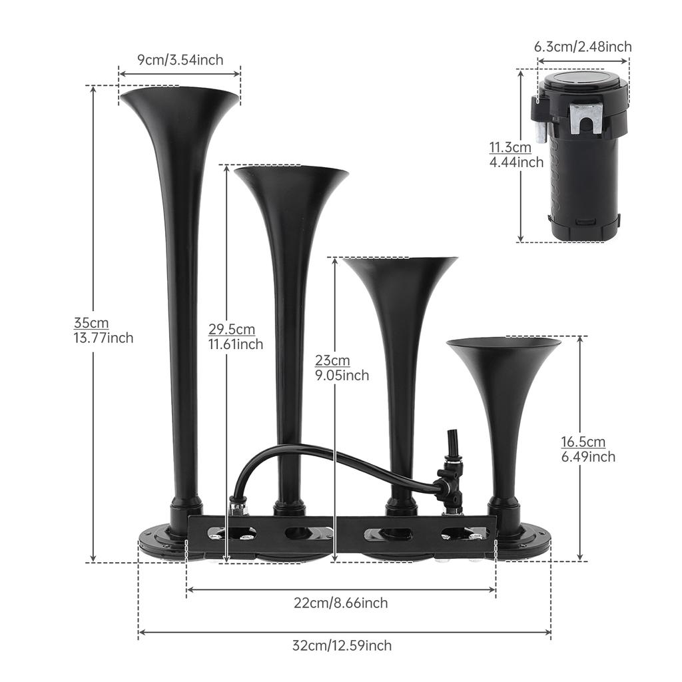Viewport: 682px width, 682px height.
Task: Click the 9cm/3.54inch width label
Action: (180, 59)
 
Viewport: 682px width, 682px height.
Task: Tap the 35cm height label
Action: (91, 323)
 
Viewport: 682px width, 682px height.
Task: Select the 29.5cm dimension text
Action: (232, 329)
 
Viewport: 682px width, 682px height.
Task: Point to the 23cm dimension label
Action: (332, 360)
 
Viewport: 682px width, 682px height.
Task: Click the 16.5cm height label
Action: (583, 442)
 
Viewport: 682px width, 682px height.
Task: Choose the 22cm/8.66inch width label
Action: (341, 603)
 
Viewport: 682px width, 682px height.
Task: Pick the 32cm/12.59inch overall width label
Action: (342, 645)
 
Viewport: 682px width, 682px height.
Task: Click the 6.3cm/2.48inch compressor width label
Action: (583, 47)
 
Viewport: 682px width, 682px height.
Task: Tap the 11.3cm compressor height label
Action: (511, 147)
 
